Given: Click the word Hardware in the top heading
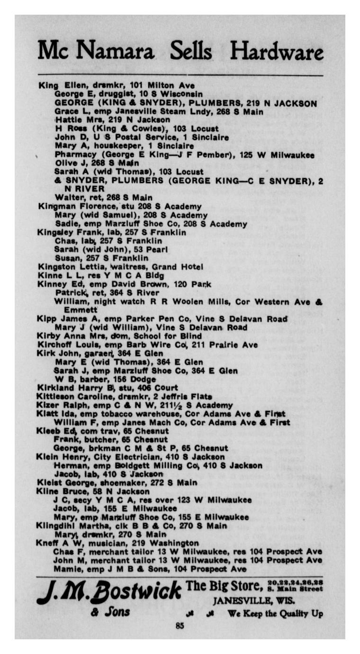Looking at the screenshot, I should pos(276,51).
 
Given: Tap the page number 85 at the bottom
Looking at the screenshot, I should pos(180,626).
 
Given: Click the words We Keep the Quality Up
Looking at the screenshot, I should pos(275,614).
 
